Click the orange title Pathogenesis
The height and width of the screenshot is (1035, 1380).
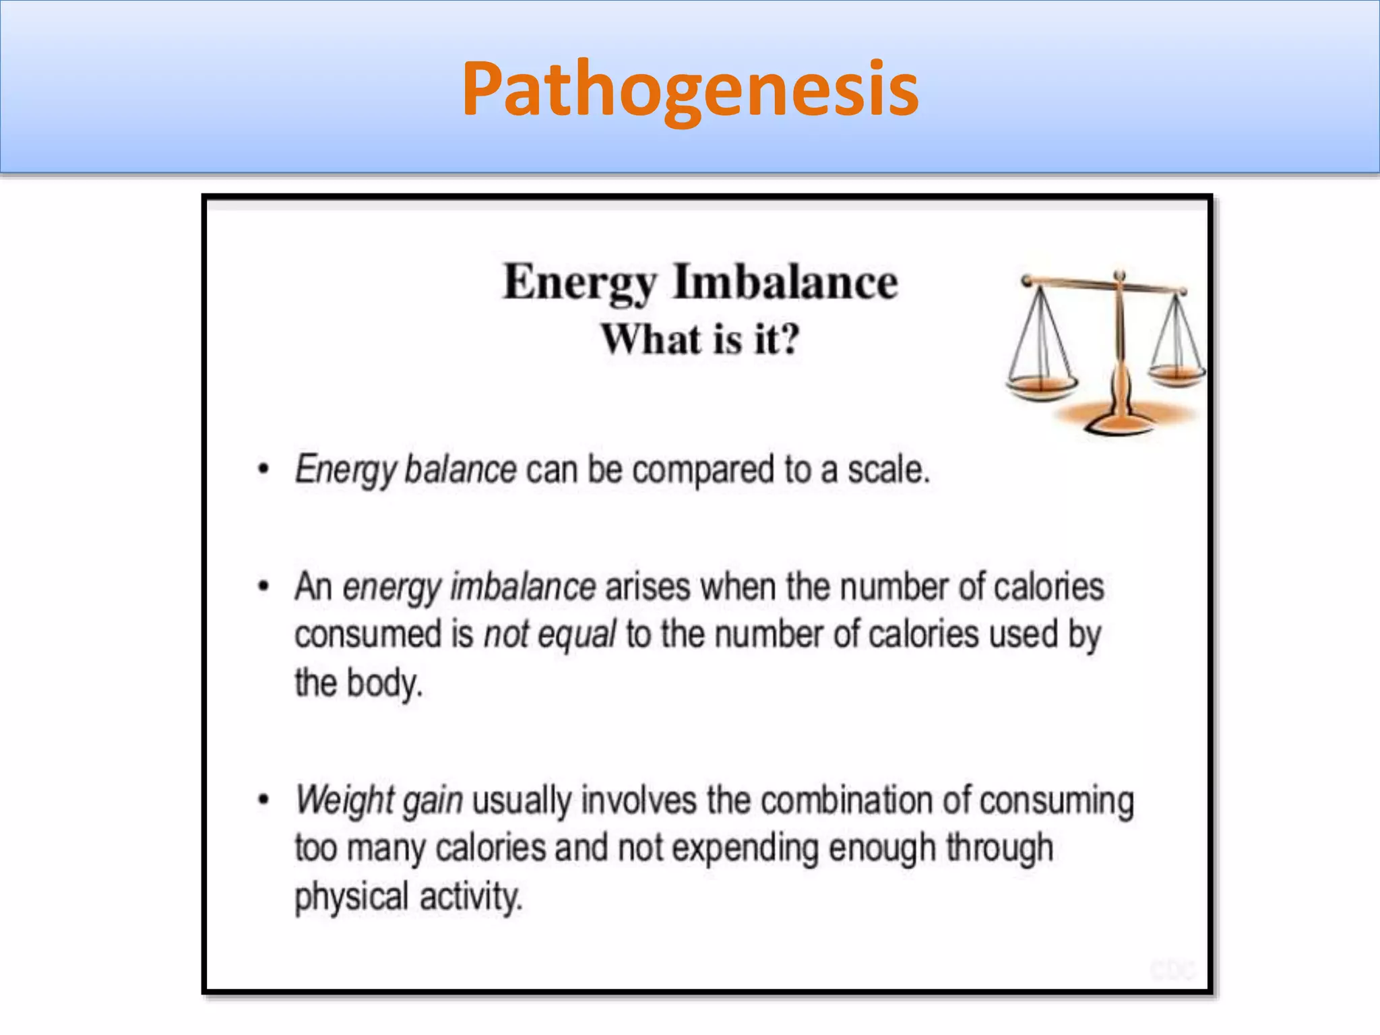coord(690,89)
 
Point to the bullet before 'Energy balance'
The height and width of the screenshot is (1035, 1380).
coord(263,469)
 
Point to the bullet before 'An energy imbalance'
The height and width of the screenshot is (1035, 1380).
coord(263,586)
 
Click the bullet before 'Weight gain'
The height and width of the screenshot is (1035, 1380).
coord(263,800)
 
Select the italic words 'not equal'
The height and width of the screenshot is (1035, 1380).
coord(550,635)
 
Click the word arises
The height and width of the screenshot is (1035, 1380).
coord(648,586)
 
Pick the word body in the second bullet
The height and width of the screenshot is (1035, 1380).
coord(384,683)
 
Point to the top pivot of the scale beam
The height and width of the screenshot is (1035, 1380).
coord(1119,276)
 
